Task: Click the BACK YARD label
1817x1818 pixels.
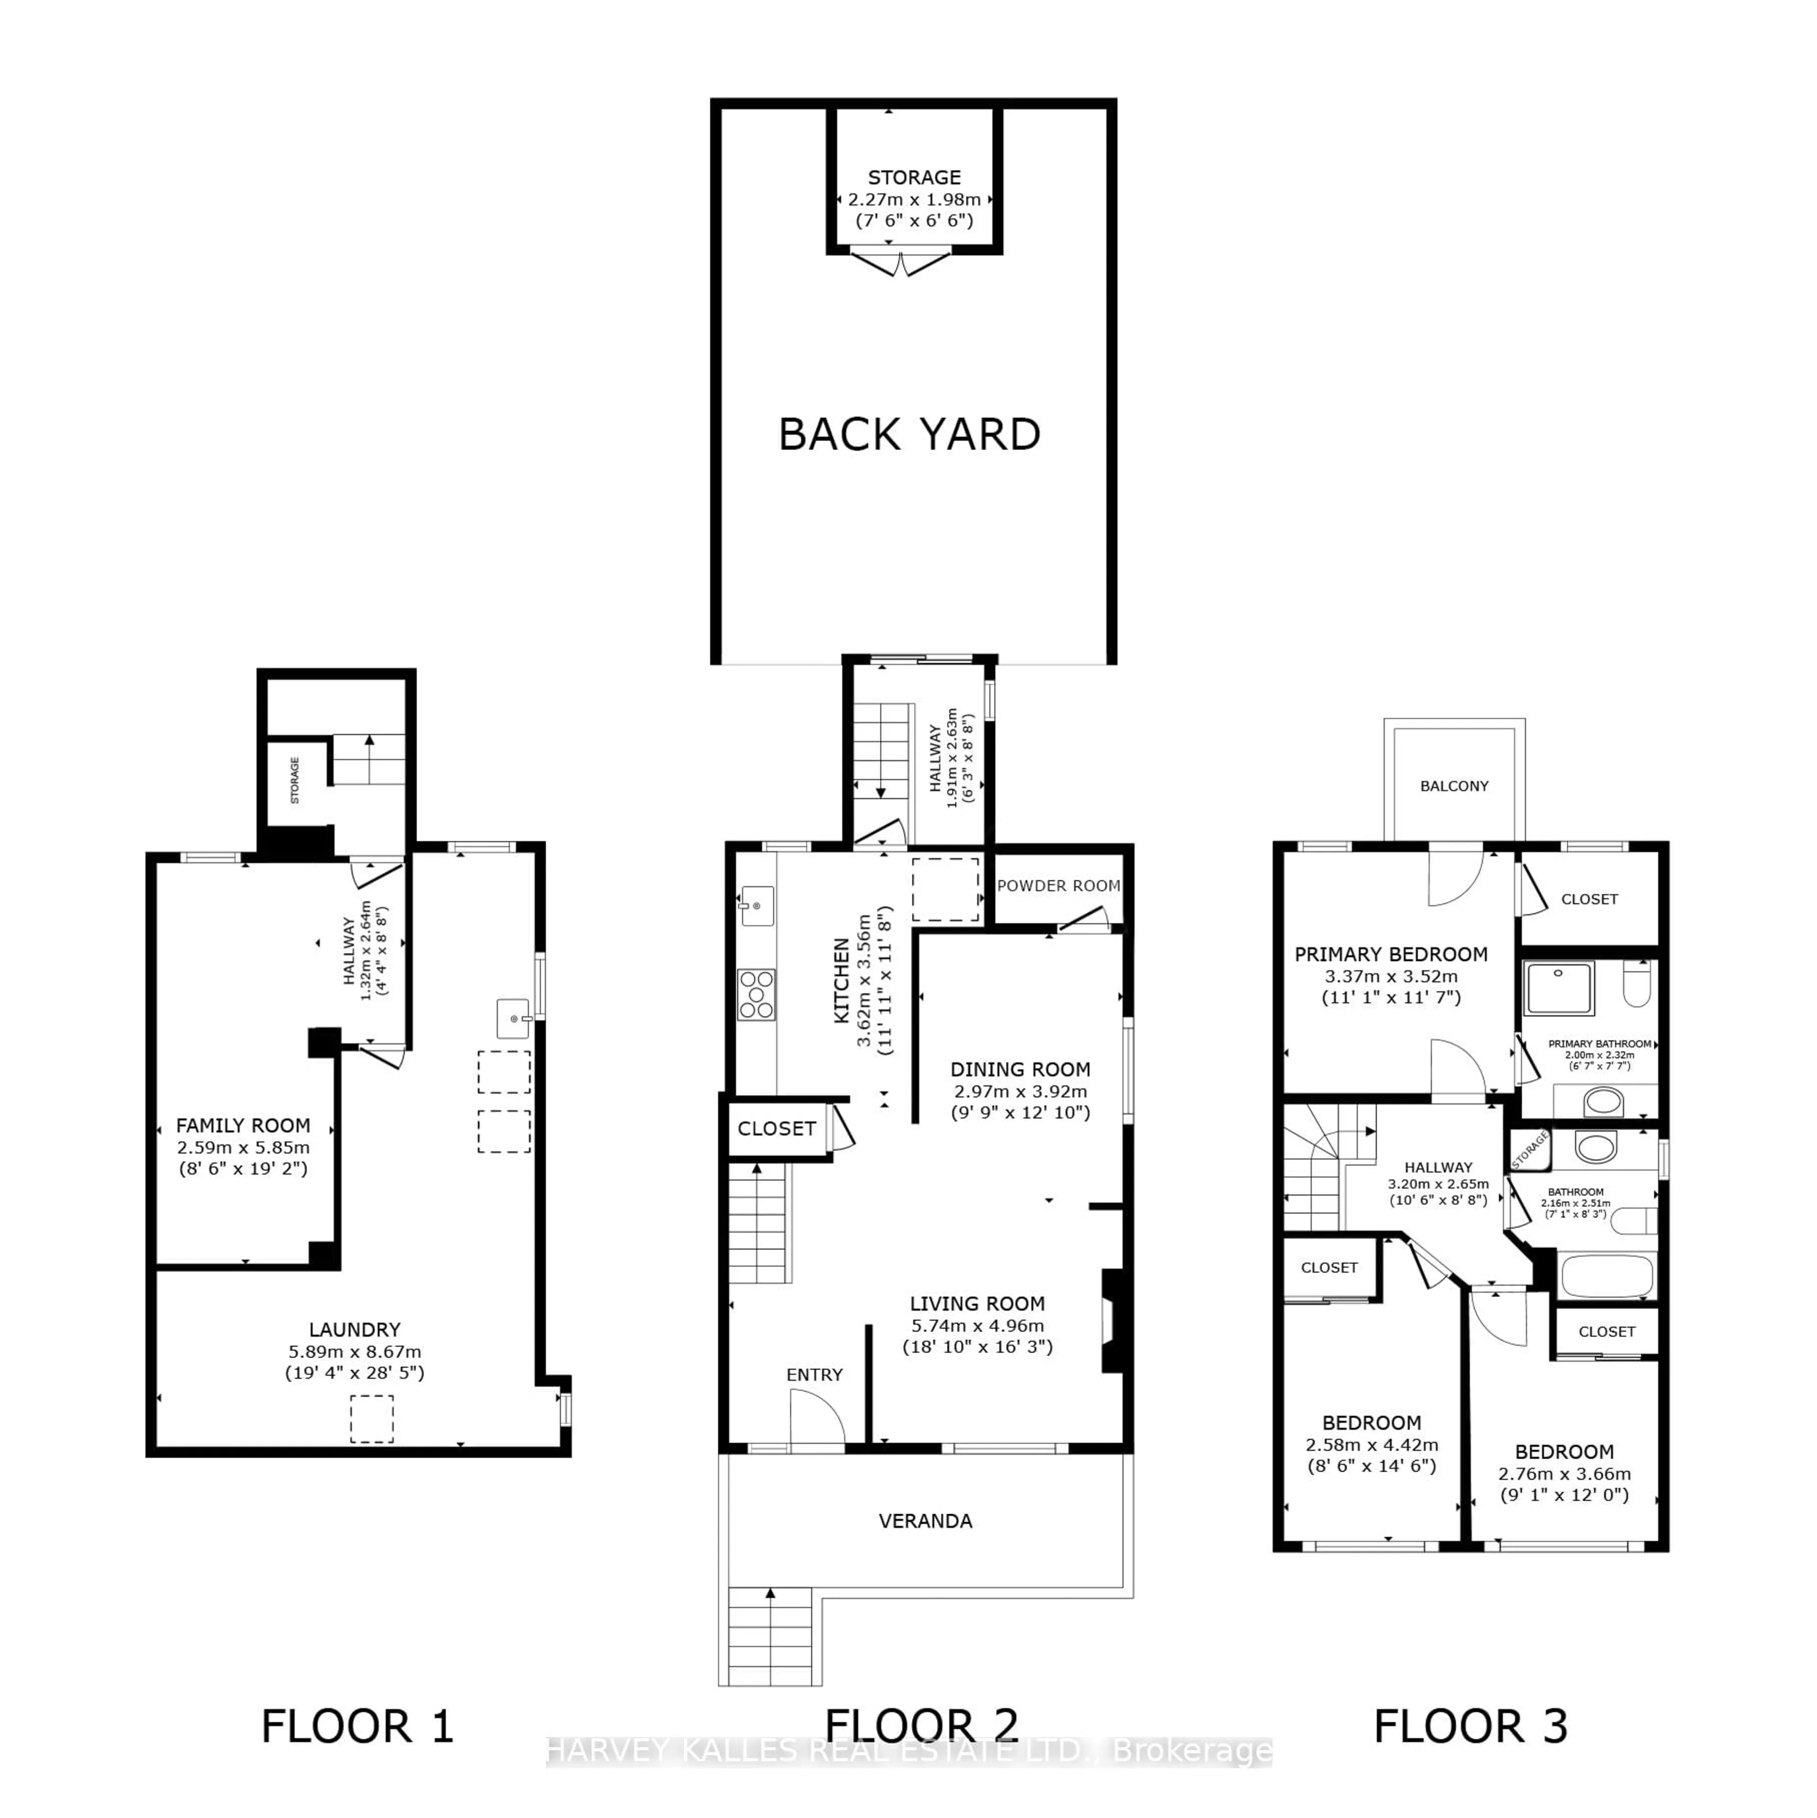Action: [909, 435]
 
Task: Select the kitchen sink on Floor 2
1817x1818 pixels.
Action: [758, 905]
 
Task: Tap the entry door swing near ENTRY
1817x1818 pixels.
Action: [815, 1419]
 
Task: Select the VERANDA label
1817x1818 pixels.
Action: [925, 1521]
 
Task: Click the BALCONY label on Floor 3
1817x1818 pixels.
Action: [1454, 785]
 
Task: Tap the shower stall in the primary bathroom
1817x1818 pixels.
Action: [1559, 988]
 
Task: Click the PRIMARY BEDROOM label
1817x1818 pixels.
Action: [1391, 954]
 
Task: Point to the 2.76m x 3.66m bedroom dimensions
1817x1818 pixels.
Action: [1564, 1474]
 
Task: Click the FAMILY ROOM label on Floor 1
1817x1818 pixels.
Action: [243, 1125]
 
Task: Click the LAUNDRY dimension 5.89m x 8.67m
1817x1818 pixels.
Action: [355, 1351]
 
